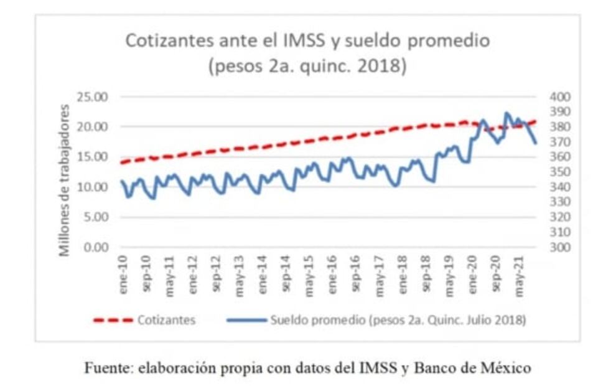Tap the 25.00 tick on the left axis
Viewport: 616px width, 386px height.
point(92,96)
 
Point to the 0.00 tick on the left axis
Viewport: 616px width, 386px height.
point(95,247)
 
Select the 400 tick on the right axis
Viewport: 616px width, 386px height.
point(560,96)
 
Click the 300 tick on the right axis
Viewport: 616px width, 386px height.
point(560,247)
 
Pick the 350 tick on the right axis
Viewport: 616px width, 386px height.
point(560,172)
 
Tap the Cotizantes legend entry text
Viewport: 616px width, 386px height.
point(166,320)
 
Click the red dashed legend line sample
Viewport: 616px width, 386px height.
point(113,320)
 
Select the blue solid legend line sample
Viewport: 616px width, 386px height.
point(248,320)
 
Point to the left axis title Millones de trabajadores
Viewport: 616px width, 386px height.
point(65,181)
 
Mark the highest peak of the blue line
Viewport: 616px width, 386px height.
point(506,113)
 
